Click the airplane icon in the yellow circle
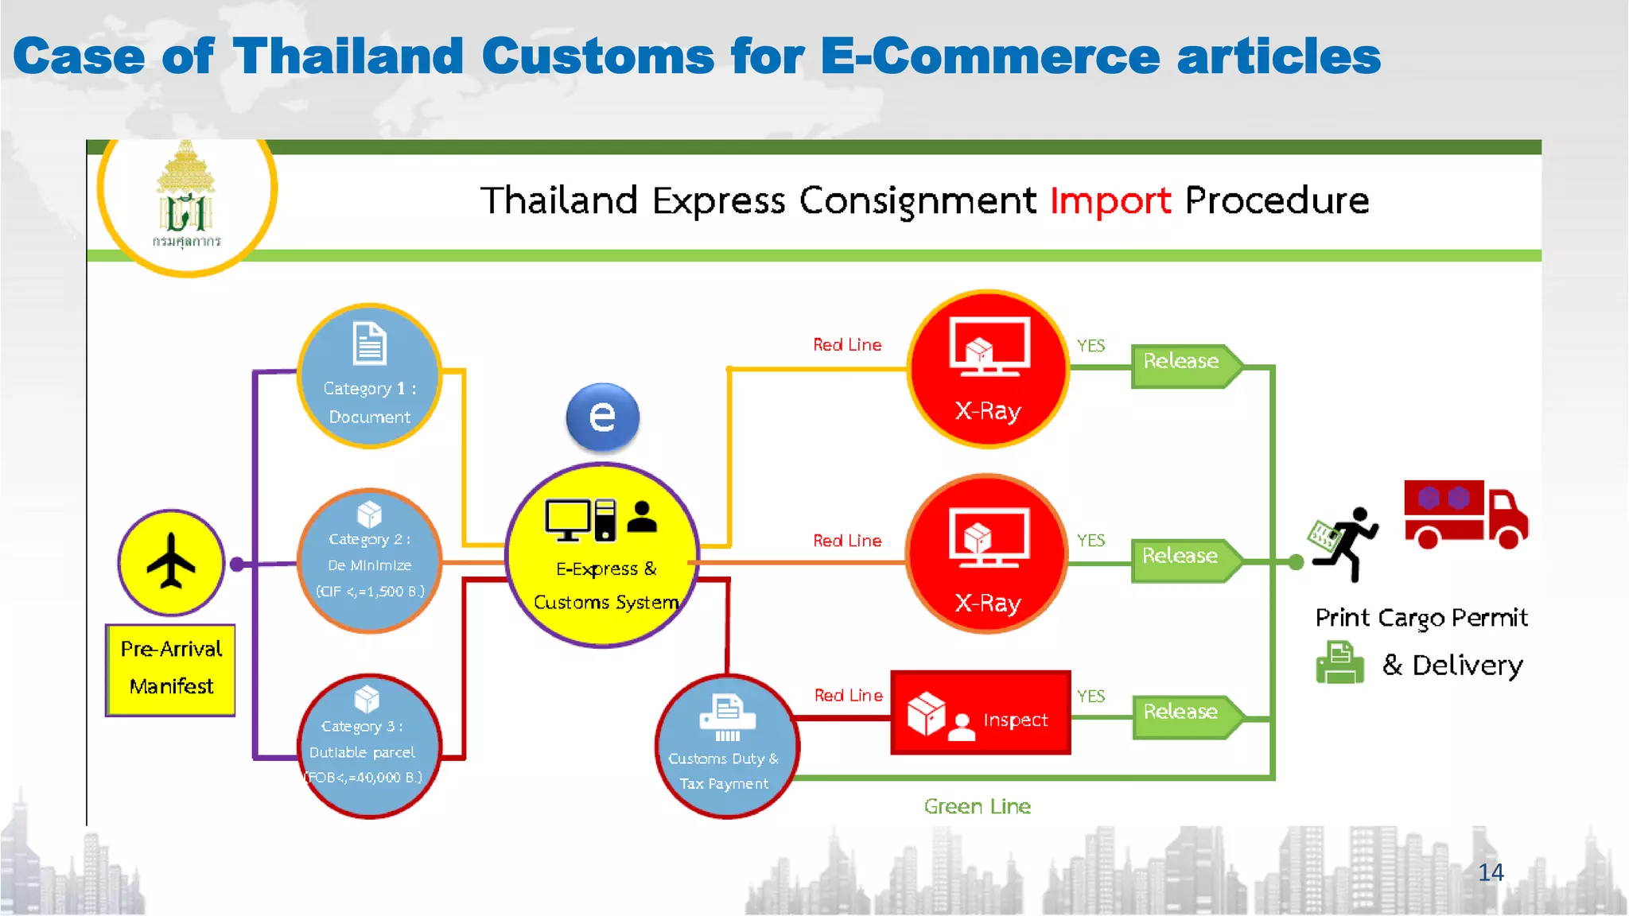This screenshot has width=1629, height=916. point(171,561)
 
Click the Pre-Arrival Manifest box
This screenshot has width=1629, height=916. point(171,670)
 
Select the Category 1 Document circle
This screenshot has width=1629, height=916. point(369,376)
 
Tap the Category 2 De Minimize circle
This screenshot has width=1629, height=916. point(369,561)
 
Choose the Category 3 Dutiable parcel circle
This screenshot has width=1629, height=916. point(367,746)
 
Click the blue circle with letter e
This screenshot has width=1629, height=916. point(602,416)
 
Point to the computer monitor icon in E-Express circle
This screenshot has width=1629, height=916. point(568,519)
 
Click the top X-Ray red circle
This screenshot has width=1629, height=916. point(987,369)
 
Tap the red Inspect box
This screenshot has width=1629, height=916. point(980,712)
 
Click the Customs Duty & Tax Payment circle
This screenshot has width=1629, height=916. point(725,746)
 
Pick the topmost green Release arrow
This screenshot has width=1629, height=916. point(1184,365)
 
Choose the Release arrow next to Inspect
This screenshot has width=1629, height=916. point(1184,716)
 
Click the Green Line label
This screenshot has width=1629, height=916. point(977,806)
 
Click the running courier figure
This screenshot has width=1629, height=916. point(1345,543)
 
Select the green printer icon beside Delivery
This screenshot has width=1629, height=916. point(1339,663)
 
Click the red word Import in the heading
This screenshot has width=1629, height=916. point(1110,200)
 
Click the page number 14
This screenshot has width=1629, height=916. point(1490,872)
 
